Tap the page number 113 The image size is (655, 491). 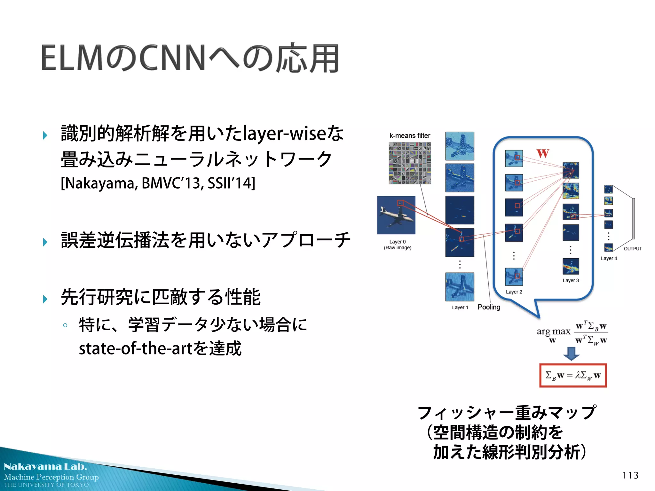pyautogui.click(x=630, y=475)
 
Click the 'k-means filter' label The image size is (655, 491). pyautogui.click(x=410, y=136)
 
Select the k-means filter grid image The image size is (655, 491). pyautogui.click(x=410, y=163)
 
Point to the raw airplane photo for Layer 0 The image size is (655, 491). pyautogui.click(x=396, y=215)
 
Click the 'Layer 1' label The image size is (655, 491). pyautogui.click(x=460, y=308)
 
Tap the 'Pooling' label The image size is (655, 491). pyautogui.click(x=489, y=307)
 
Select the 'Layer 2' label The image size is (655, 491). pyautogui.click(x=514, y=292)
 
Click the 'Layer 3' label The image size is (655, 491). pyautogui.click(x=571, y=281)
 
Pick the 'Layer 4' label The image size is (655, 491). pyautogui.click(x=609, y=258)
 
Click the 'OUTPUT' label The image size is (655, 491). pyautogui.click(x=633, y=249)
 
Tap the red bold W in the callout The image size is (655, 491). pyautogui.click(x=543, y=153)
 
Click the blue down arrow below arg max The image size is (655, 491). pyautogui.click(x=571, y=353)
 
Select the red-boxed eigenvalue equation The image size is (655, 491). pyautogui.click(x=573, y=375)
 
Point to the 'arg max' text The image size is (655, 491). pyautogui.click(x=553, y=331)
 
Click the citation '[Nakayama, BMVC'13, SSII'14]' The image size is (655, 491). pyautogui.click(x=158, y=183)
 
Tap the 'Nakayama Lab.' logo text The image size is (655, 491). pyautogui.click(x=45, y=467)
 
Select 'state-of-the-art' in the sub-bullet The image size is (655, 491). pyautogui.click(x=136, y=348)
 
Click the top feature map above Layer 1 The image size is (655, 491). pyautogui.click(x=460, y=146)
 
